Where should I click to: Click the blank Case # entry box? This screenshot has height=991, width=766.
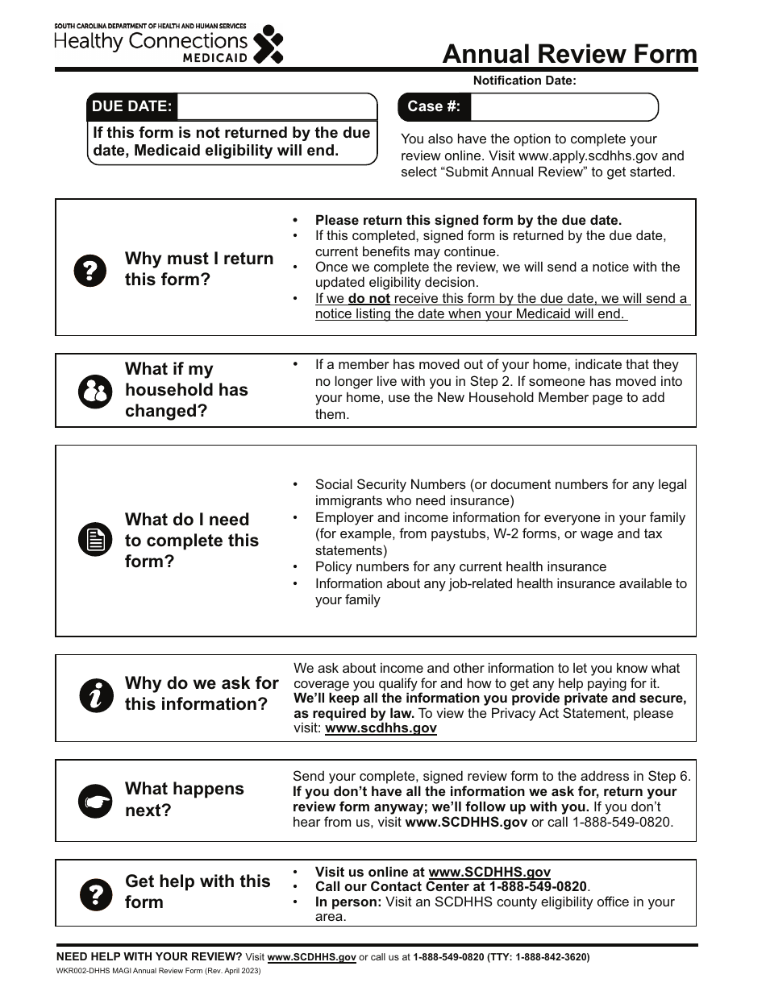pyautogui.click(x=564, y=106)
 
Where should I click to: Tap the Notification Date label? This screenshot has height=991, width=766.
pyautogui.click(x=524, y=81)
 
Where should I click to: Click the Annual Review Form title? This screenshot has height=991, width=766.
pyautogui.click(x=569, y=54)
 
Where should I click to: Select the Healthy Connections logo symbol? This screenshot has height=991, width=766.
pyautogui.click(x=269, y=44)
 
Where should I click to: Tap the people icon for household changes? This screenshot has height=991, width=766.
pyautogui.click(x=95, y=391)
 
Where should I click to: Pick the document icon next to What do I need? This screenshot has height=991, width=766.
pyautogui.click(x=95, y=540)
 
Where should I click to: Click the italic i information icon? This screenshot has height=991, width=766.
pyautogui.click(x=96, y=695)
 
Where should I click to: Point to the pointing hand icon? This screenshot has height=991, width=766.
pyautogui.click(x=95, y=801)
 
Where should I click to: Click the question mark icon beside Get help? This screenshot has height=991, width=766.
pyautogui.click(x=95, y=894)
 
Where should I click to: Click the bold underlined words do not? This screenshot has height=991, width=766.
pyautogui.click(x=368, y=299)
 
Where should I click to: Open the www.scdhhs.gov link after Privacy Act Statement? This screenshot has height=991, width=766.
pyautogui.click(x=381, y=728)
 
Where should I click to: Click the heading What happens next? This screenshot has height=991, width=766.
pyautogui.click(x=184, y=799)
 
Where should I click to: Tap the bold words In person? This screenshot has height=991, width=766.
pyautogui.click(x=348, y=902)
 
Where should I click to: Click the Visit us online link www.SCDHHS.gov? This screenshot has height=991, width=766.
pyautogui.click(x=489, y=872)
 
